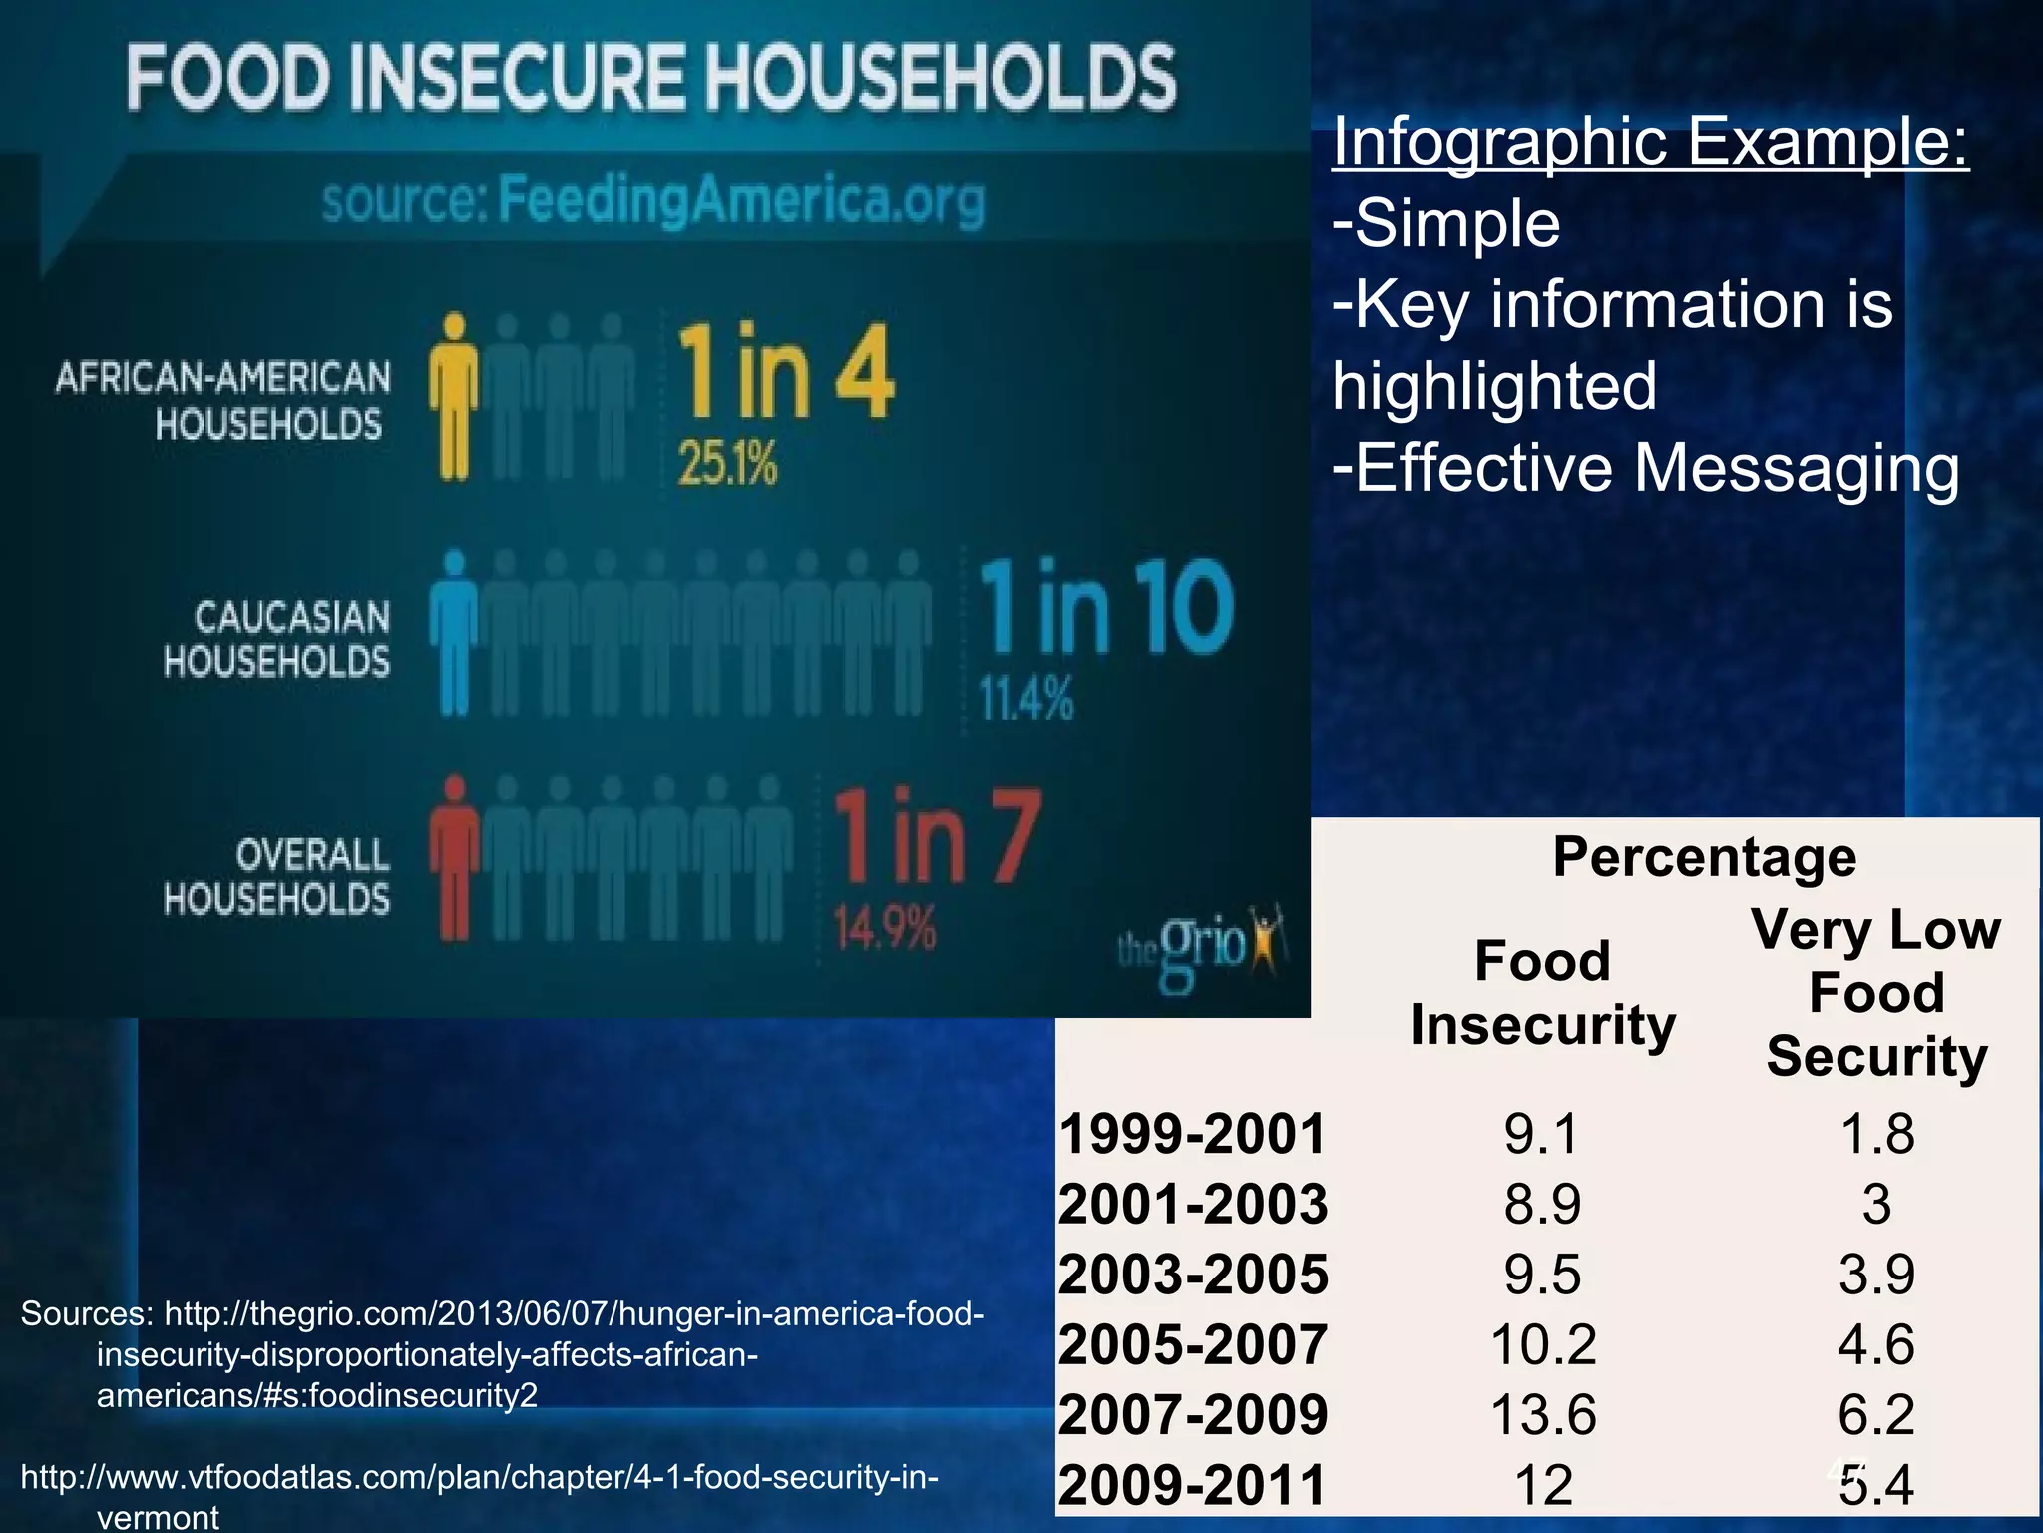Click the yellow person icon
point(454,397)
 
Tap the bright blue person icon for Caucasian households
point(454,633)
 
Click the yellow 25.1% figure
point(727,464)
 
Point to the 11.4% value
point(1025,698)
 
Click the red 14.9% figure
point(884,928)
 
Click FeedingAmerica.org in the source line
point(740,200)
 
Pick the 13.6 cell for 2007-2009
point(1542,1414)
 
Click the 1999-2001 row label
point(1192,1134)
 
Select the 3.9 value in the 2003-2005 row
point(1876,1275)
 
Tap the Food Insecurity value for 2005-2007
point(1542,1344)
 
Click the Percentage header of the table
point(1704,856)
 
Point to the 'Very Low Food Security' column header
point(1876,992)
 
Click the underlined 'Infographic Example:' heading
point(1650,142)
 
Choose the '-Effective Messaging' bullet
point(1646,468)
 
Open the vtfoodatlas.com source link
point(479,1477)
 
